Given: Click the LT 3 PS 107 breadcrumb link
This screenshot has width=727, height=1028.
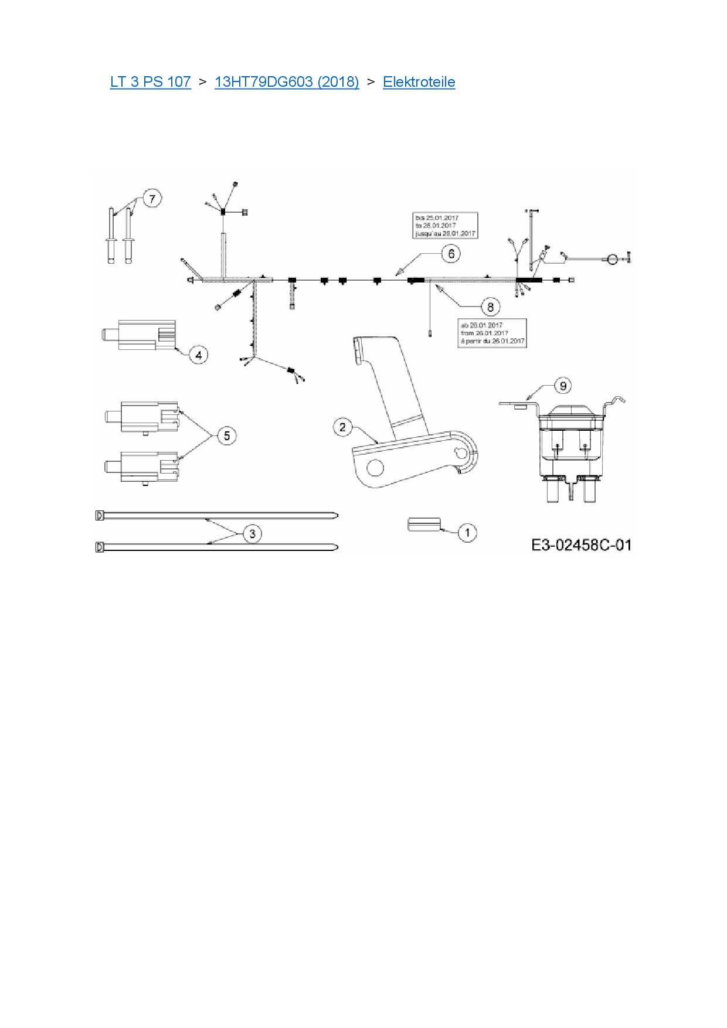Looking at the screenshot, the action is pos(150,82).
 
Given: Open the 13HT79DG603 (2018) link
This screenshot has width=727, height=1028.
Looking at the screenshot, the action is pos(287,82).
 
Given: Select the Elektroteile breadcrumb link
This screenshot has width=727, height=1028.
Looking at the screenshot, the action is pos(419,82).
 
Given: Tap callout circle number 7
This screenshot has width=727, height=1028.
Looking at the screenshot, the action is pos(152,199).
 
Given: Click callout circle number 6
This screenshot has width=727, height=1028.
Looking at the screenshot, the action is pos(451,254).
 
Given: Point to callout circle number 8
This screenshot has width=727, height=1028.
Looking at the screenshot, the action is pos(490,307).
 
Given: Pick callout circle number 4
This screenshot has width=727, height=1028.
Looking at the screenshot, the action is pos(199,355).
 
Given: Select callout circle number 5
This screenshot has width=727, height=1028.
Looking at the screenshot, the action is pos(227,435).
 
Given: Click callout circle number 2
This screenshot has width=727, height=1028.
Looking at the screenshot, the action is pos(343,427).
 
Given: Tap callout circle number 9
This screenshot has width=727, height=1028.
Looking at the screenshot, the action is pos(563,386).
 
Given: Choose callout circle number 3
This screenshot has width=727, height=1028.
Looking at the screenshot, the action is pos(253,533).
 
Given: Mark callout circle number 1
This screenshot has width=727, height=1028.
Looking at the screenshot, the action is pos(467,533).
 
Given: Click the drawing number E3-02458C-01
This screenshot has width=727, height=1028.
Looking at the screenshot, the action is pos(581,545).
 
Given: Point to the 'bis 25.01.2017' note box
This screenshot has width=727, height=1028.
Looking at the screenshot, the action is pos(446,226).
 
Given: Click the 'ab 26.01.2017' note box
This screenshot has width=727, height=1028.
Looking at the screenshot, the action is pos(492,333).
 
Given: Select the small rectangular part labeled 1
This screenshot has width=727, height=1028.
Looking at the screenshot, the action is pos(423,524).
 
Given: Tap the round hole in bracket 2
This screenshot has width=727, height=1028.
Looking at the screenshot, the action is pos(375,468).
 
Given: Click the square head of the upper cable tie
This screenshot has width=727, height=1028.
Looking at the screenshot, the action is pos(99,515).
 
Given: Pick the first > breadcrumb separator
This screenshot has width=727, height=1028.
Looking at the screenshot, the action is pos(203,82).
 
